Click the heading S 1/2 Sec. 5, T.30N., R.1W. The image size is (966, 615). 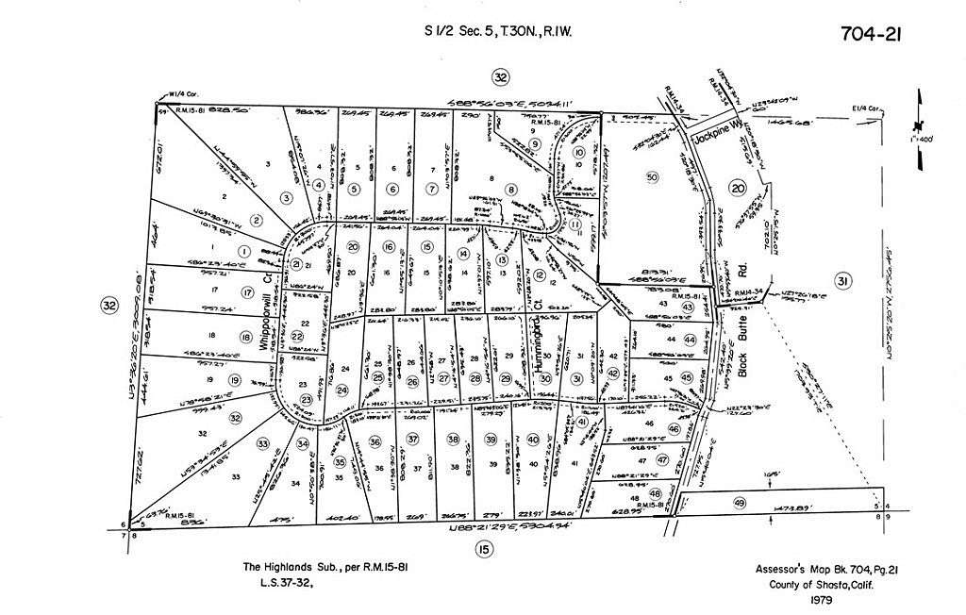499,32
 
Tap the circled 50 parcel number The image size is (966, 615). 651,177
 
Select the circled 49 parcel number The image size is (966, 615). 739,502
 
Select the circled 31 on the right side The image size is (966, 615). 842,280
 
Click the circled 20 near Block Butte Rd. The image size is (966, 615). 738,189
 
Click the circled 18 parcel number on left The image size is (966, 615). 245,338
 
